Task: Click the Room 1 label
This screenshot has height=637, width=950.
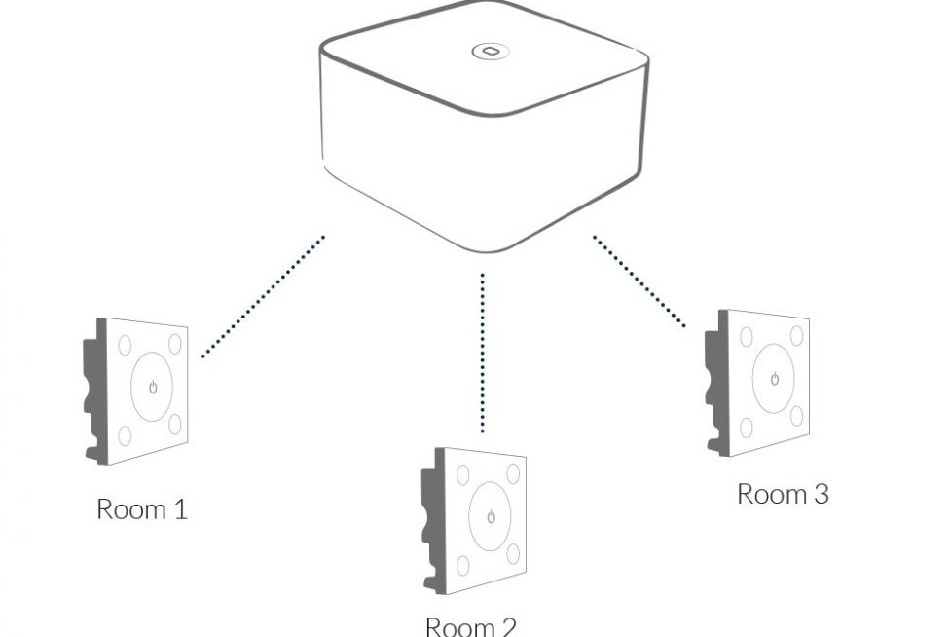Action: coord(141,508)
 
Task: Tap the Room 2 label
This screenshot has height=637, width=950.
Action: coord(470,624)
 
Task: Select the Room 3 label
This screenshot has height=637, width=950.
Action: coord(783,493)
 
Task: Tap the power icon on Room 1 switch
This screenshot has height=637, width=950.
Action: coord(152,388)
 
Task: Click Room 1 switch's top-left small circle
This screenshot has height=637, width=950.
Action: coord(126,346)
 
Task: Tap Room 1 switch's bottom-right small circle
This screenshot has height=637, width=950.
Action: coord(175,425)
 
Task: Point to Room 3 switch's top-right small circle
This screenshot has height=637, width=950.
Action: coord(795,336)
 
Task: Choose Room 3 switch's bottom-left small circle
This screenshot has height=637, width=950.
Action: coord(748,427)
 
